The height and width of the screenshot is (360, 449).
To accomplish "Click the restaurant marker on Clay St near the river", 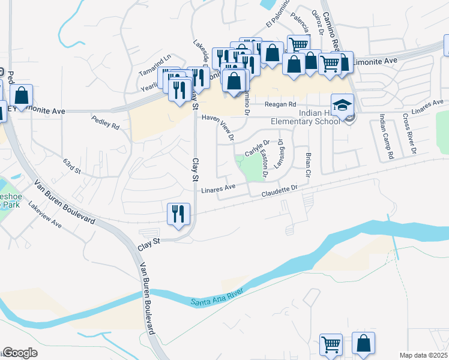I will [178, 214].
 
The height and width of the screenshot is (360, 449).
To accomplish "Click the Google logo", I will [20, 353].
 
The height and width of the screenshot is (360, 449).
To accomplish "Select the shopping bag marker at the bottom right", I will [363, 344].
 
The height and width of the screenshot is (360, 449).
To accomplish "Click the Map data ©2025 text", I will [424, 355].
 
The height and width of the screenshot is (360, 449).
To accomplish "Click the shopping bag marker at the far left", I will [22, 96].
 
